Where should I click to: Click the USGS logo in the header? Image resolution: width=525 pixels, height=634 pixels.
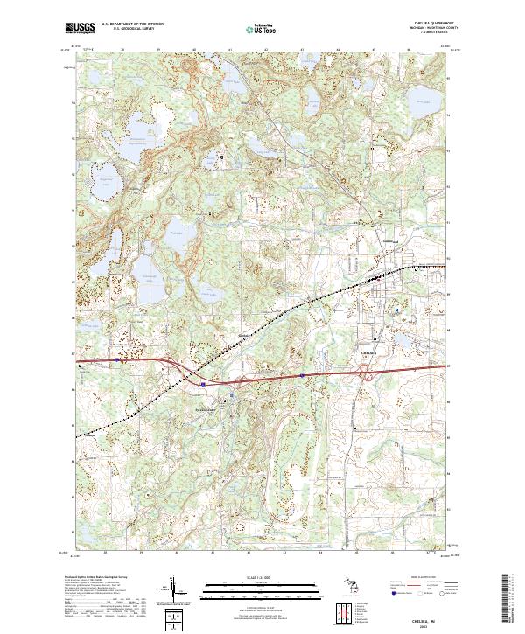click(x=80, y=29)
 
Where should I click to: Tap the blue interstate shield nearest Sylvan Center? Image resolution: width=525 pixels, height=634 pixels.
click(x=203, y=382)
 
